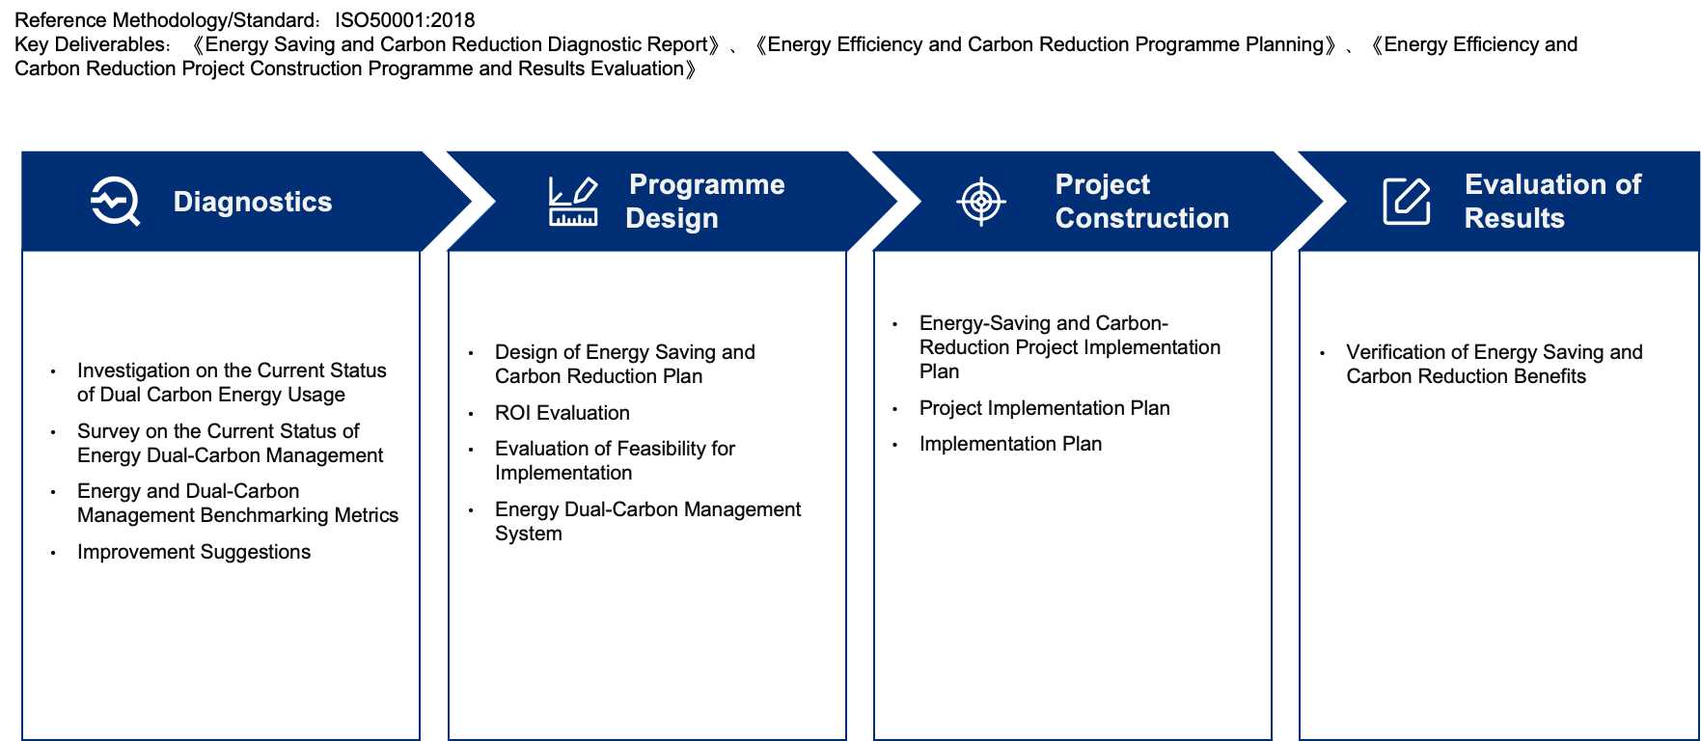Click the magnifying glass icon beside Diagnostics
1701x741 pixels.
coord(115,201)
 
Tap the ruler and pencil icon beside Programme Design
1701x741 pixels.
coord(573,201)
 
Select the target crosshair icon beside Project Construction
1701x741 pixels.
coord(981,201)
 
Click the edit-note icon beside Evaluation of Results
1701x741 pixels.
coord(1407,201)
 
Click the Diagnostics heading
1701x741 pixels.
coord(253,202)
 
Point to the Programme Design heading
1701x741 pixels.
coord(704,201)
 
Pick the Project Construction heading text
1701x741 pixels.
coord(1141,201)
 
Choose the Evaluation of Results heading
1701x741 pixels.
coord(1551,201)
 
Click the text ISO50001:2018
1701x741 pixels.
coord(404,20)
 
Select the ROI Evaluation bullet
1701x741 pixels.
coord(562,413)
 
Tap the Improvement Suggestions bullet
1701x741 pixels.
coord(194,552)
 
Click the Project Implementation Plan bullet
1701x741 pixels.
coord(1044,408)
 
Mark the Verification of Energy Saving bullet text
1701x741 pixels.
coord(1494,364)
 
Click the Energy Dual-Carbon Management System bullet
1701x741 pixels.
coord(646,521)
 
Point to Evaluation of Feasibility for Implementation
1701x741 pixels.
coord(615,460)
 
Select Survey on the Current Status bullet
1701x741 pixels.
coord(230,443)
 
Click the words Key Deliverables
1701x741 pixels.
coord(91,44)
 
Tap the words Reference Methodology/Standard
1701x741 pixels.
coord(165,20)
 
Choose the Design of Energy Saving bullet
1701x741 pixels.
coord(624,364)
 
